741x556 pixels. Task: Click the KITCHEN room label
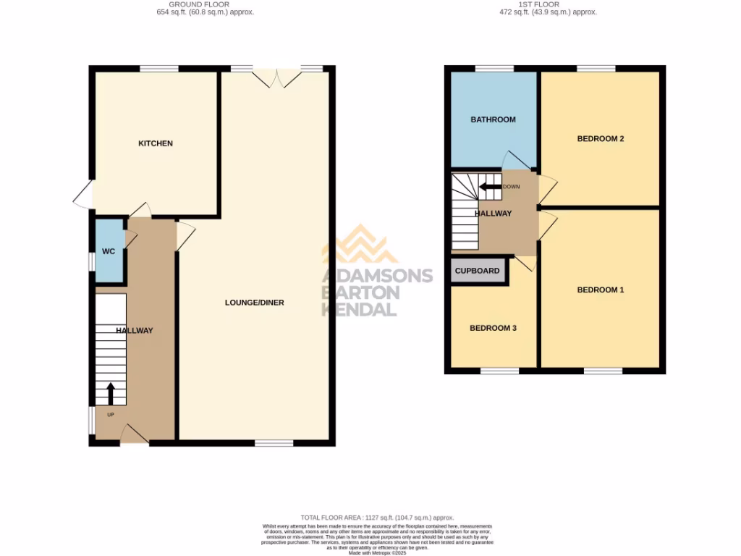click(156, 143)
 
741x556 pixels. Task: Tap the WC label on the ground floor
click(109, 252)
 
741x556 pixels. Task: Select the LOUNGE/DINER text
click(254, 303)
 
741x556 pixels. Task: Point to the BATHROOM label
click(493, 119)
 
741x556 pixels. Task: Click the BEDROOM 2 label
click(600, 139)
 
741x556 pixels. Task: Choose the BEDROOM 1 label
click(600, 290)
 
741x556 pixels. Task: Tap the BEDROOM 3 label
click(493, 328)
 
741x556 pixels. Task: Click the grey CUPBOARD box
click(478, 271)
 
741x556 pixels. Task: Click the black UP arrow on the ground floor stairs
click(111, 393)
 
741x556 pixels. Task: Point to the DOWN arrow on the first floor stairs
click(490, 186)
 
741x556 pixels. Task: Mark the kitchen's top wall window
click(159, 69)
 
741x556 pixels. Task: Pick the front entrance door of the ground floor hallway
click(134, 434)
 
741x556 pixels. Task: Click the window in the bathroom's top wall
click(494, 69)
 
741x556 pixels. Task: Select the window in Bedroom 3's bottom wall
click(499, 371)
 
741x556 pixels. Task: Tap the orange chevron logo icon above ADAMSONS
click(360, 244)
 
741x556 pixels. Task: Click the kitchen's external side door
click(85, 194)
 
